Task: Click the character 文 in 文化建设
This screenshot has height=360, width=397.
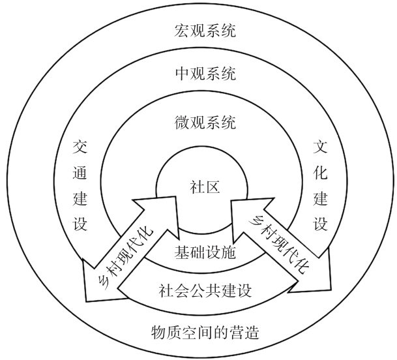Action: click(320, 145)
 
